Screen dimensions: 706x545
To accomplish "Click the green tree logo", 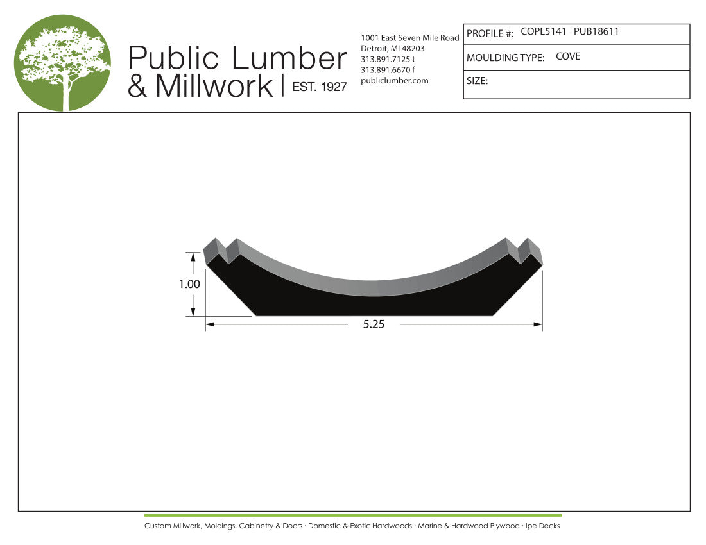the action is tap(63, 63).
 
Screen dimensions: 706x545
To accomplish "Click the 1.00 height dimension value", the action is tap(189, 284).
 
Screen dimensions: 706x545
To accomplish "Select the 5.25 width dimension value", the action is tap(374, 324).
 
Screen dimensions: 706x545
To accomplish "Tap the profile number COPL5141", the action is tap(543, 31).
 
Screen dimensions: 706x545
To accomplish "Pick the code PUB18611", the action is tap(596, 31).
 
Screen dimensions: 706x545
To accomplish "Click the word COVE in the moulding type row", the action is tap(568, 56).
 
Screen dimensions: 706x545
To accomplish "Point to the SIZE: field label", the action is tap(478, 81).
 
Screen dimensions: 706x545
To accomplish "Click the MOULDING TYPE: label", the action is tap(505, 58).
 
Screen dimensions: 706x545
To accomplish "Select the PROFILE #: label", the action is tap(490, 34).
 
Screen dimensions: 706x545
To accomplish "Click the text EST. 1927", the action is tap(320, 87).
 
